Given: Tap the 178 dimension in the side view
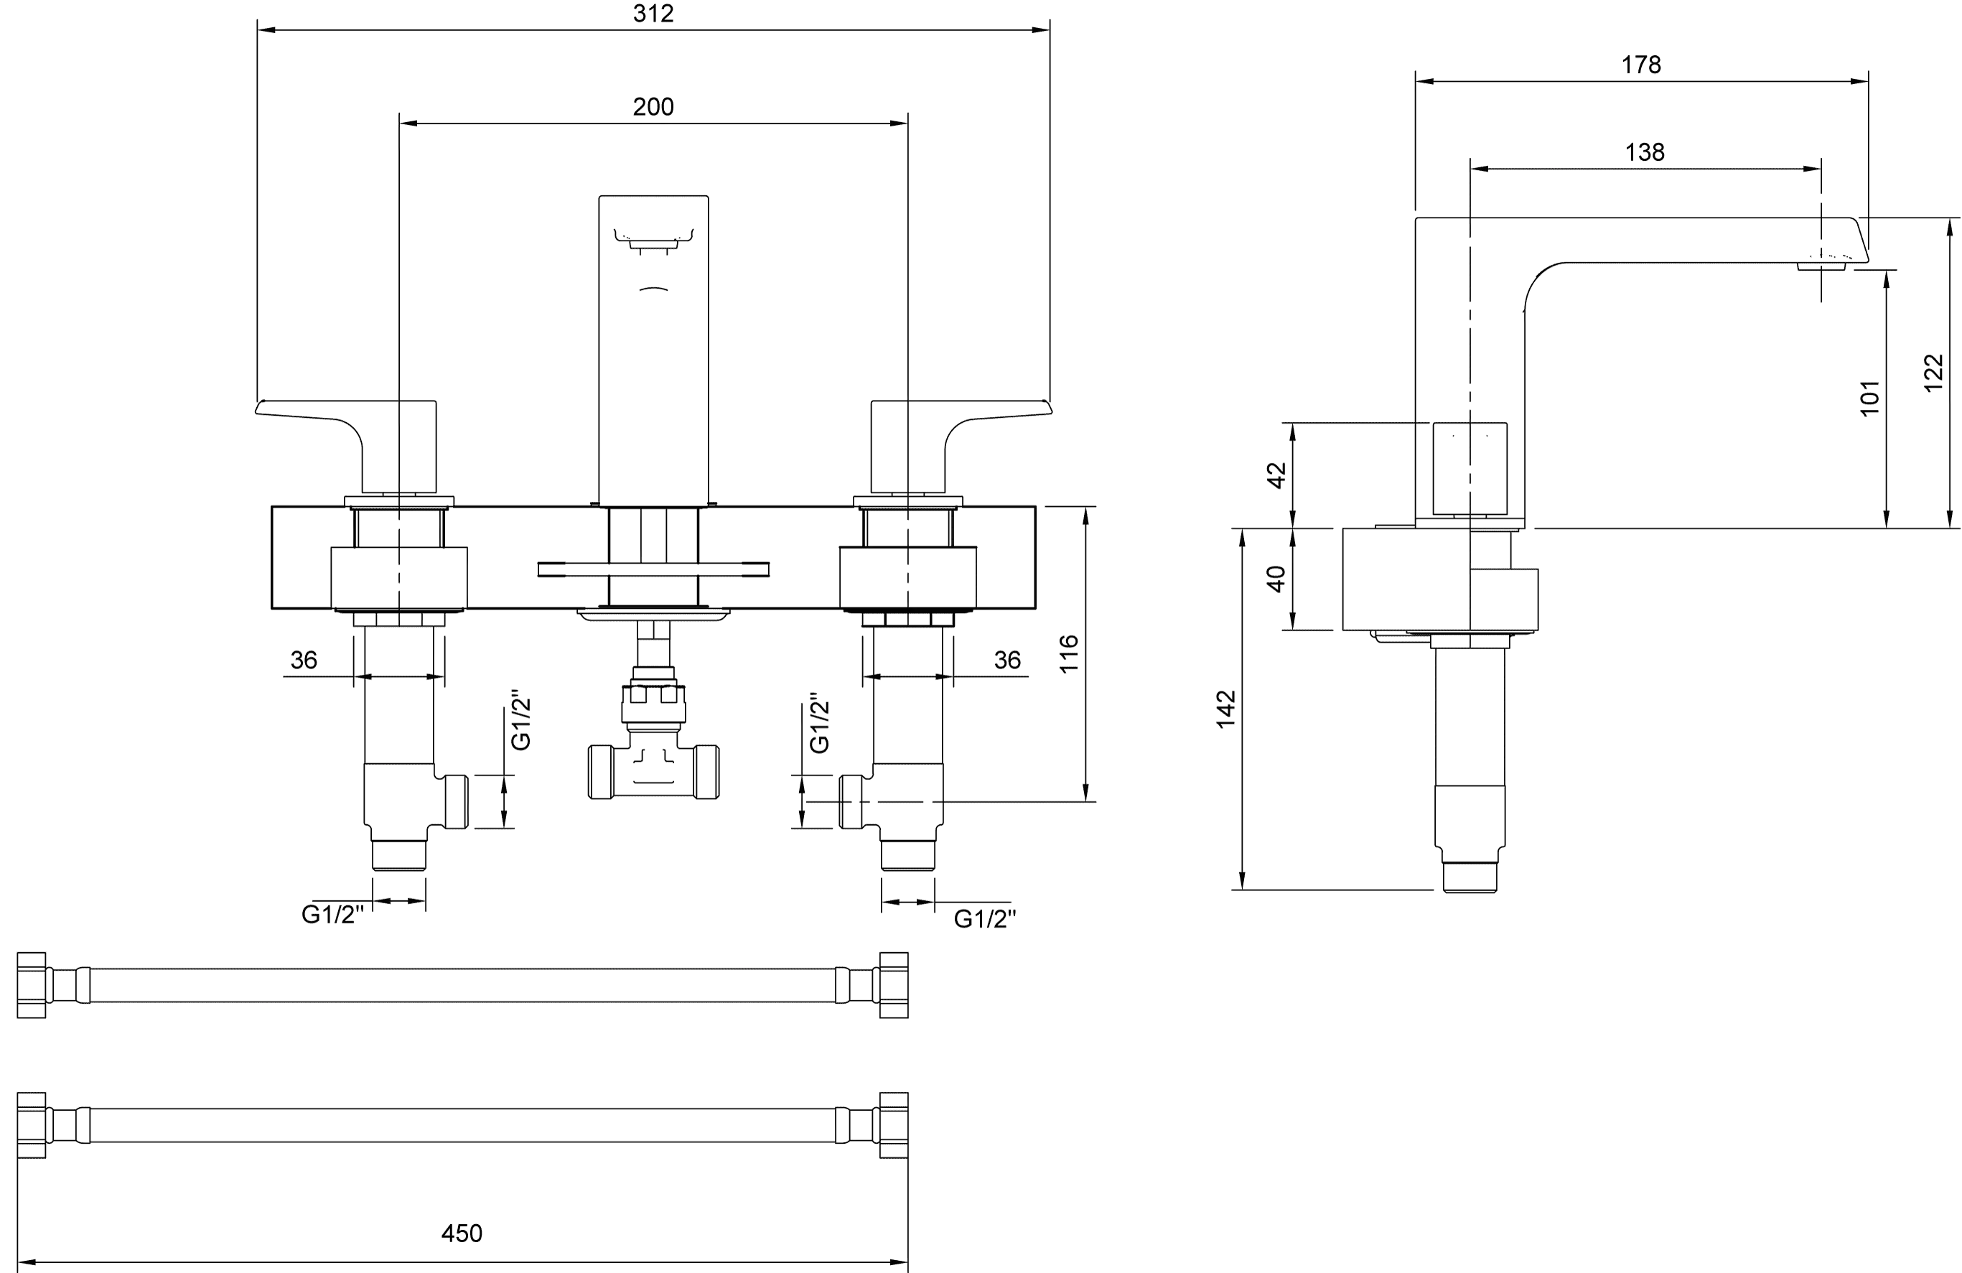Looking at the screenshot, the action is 1640,65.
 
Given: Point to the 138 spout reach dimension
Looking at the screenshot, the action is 1645,151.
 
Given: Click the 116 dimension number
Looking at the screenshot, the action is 1068,654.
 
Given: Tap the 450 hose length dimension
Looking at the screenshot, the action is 462,1233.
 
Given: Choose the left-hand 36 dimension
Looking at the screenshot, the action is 304,660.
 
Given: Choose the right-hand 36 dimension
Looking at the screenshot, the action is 1007,660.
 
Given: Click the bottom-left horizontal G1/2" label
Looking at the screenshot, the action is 332,914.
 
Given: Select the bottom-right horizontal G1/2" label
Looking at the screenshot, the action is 985,918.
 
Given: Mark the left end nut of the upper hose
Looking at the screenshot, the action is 32,985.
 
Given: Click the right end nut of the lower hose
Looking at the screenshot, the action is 894,1125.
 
